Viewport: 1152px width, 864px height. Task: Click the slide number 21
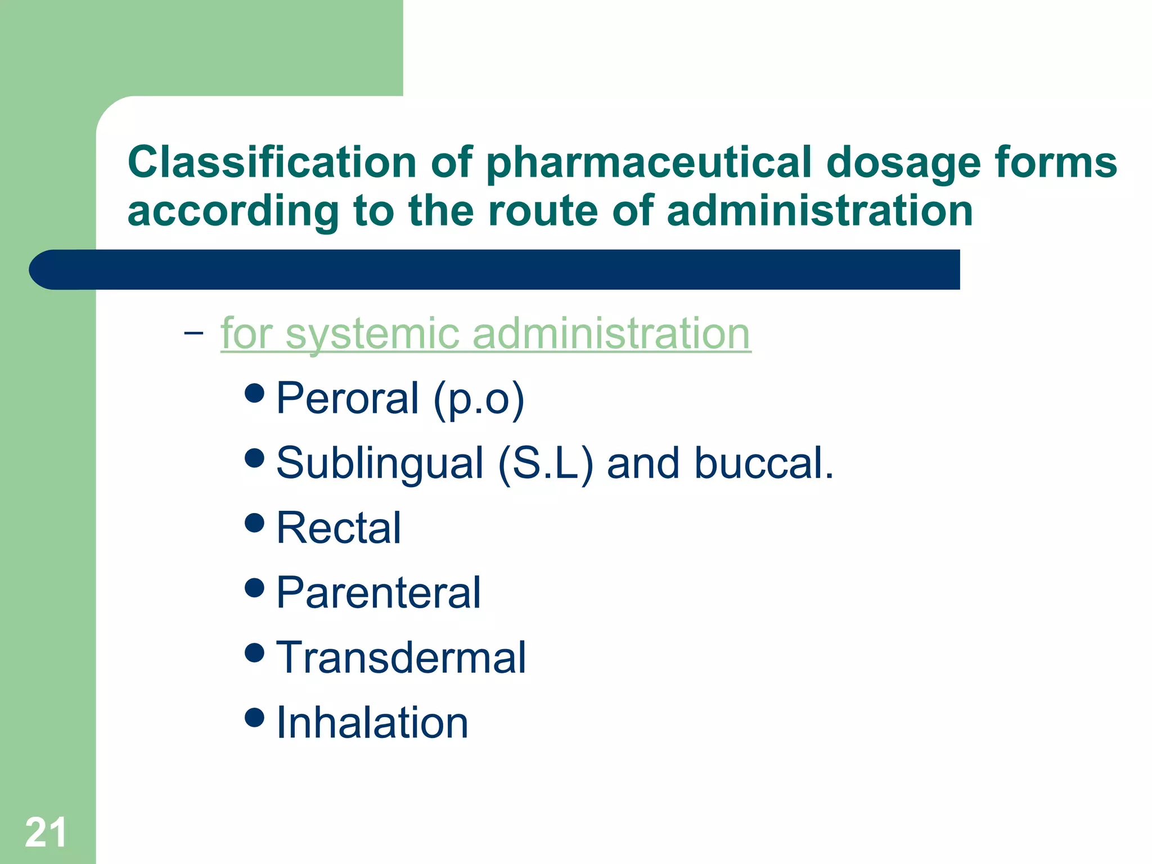tap(46, 832)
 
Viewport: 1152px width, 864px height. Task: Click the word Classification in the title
tap(272, 163)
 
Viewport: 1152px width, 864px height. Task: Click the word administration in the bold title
tap(820, 211)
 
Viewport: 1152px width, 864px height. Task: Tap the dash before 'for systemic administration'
tap(193, 333)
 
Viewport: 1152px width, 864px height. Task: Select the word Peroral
tap(348, 398)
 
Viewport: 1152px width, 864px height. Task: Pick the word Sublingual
tap(380, 463)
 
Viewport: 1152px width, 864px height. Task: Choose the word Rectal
tap(339, 528)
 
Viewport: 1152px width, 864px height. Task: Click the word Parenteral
tap(379, 593)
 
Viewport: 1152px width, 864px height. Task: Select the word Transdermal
tap(401, 658)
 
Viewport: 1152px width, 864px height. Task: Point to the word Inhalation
tap(372, 723)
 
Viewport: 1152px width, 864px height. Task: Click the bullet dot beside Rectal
tap(255, 523)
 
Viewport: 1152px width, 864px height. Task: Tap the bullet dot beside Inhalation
tap(255, 717)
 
